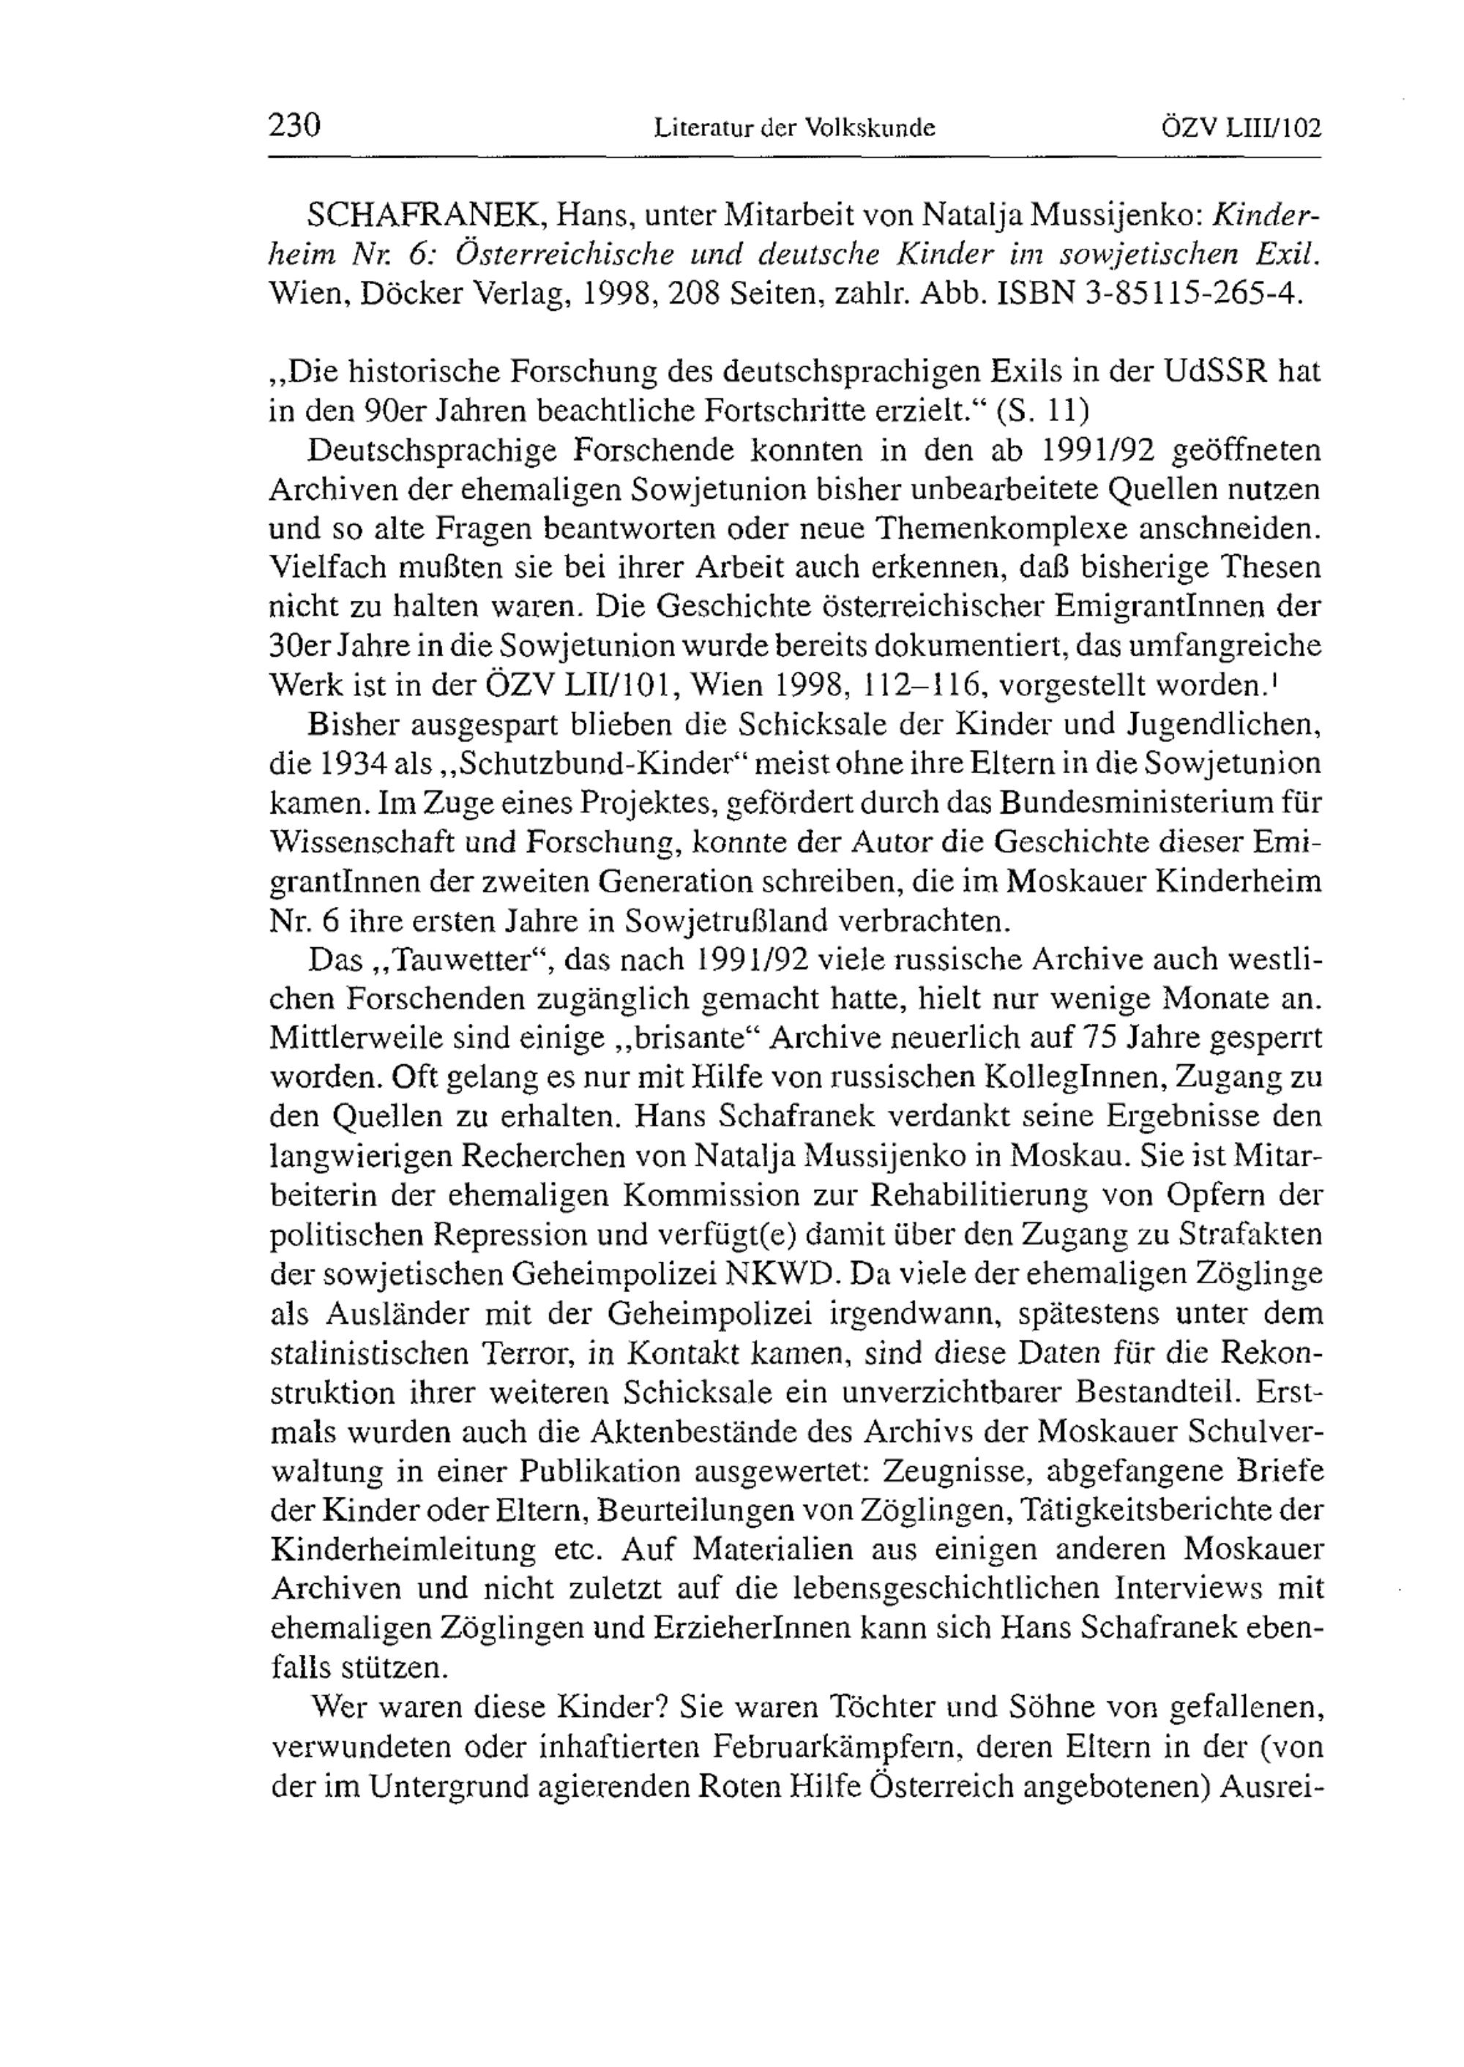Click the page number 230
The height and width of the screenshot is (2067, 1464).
pos(295,124)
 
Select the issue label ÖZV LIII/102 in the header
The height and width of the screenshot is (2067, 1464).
pos(1242,128)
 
